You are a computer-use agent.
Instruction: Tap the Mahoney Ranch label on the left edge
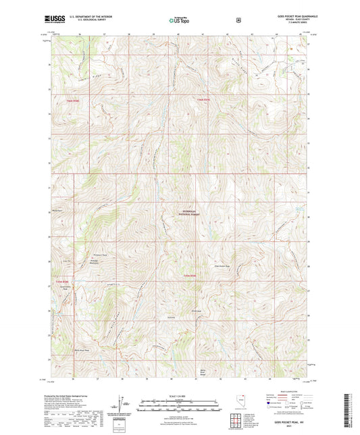(57, 211)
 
